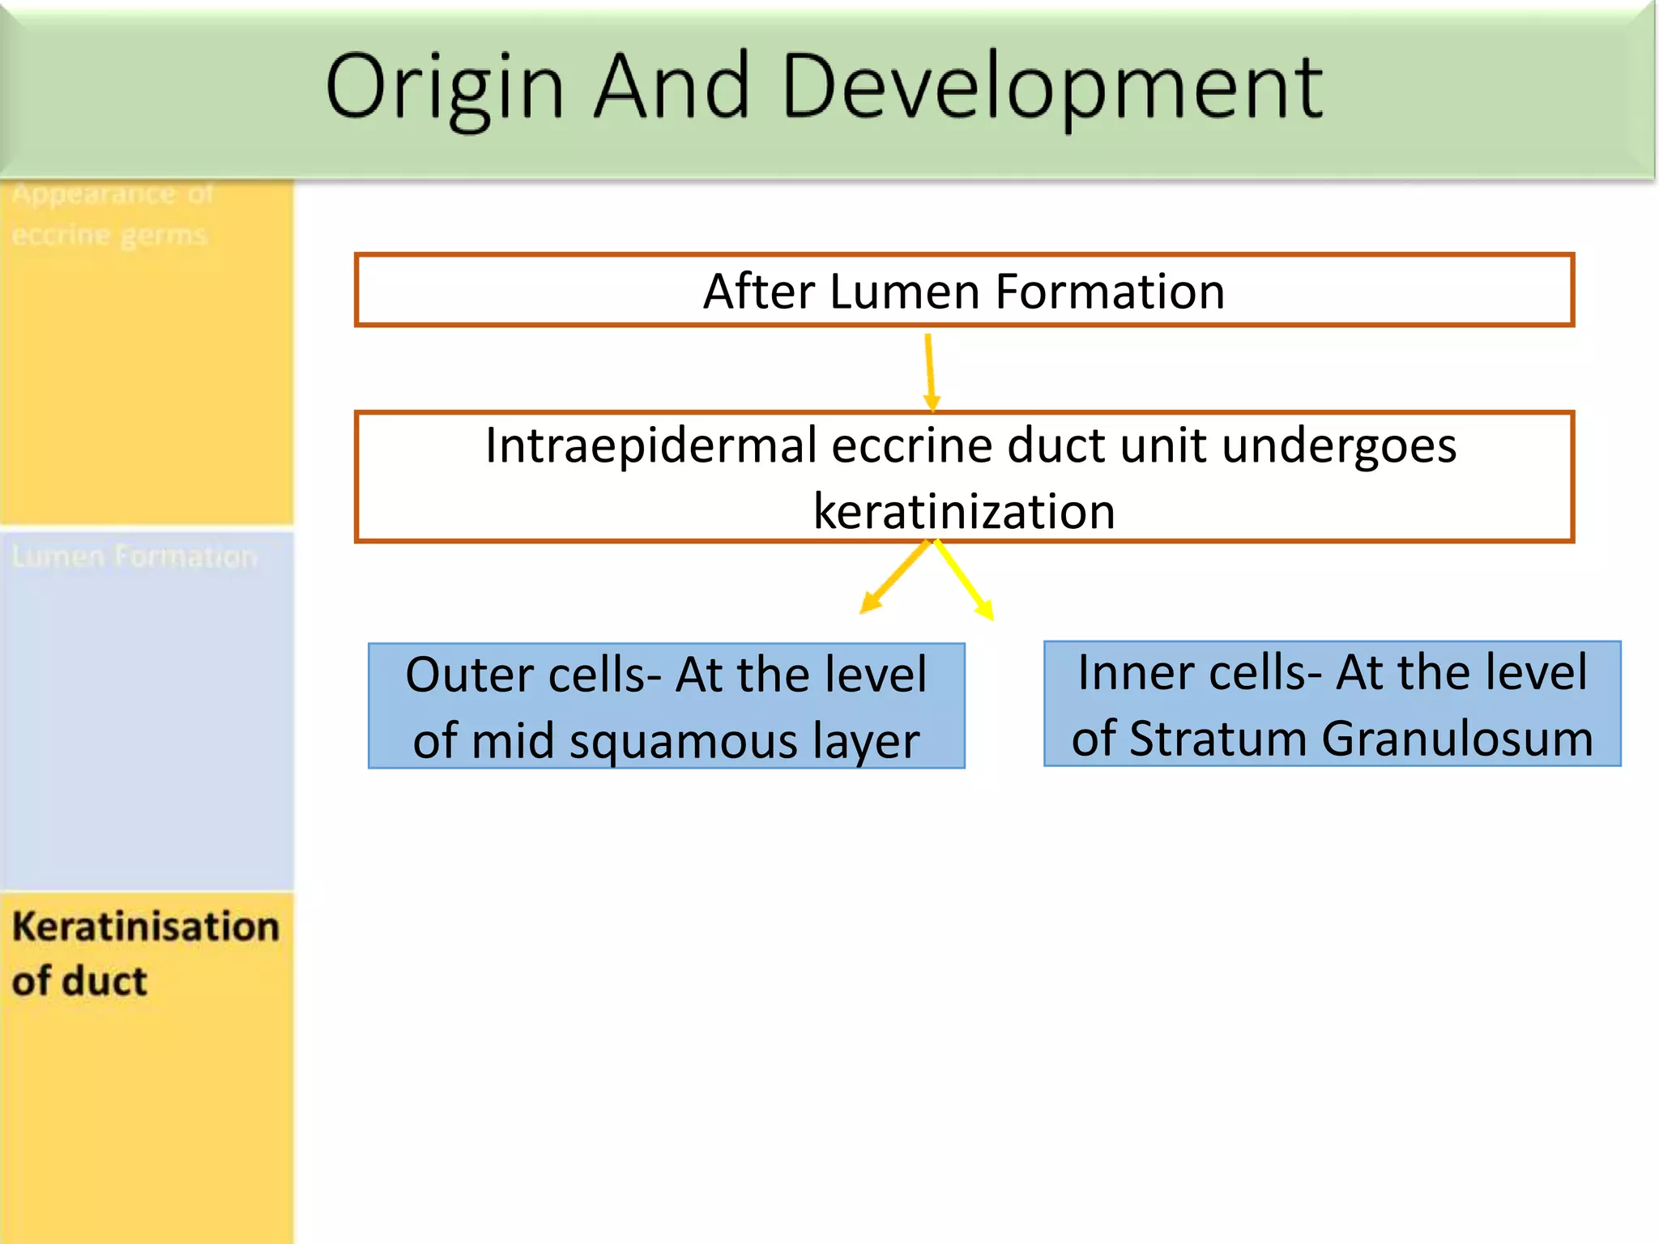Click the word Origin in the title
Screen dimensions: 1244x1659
pyautogui.click(x=444, y=87)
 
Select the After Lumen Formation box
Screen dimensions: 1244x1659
pyautogui.click(x=964, y=290)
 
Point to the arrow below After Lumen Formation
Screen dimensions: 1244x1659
pyautogui.click(x=930, y=373)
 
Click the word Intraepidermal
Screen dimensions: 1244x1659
pyautogui.click(x=651, y=445)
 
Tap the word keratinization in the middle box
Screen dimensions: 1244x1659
pyautogui.click(x=964, y=512)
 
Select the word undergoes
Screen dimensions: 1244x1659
pyautogui.click(x=1338, y=445)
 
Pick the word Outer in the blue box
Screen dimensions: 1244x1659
pyautogui.click(x=468, y=675)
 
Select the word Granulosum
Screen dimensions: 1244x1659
pyautogui.click(x=1457, y=739)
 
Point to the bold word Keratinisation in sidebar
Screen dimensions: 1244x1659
pyautogui.click(x=146, y=927)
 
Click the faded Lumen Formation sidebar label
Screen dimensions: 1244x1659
pyautogui.click(x=134, y=557)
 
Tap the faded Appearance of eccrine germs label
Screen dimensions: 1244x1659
pyautogui.click(x=112, y=215)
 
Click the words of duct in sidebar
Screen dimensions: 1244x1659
pyautogui.click(x=79, y=982)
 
